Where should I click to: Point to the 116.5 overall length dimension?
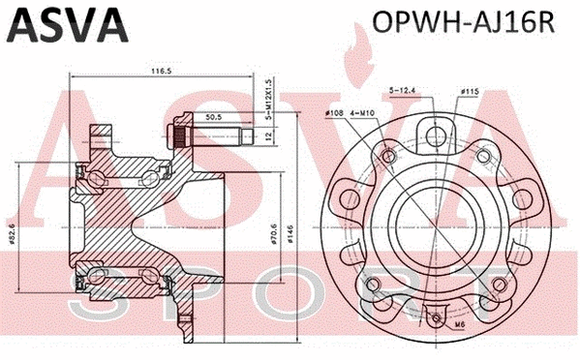click(x=147, y=71)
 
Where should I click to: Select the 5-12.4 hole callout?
click(x=404, y=91)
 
